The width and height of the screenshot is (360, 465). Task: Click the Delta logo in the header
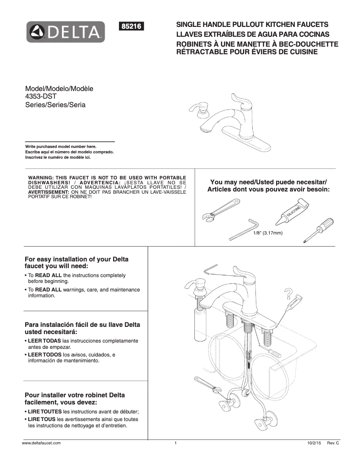pyautogui.click(x=66, y=32)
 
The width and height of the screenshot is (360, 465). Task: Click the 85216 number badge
pyautogui.click(x=132, y=26)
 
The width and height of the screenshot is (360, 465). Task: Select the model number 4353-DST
pyautogui.click(x=41, y=96)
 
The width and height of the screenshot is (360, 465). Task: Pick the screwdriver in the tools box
pyautogui.click(x=319, y=229)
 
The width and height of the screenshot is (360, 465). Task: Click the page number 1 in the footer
pyautogui.click(x=176, y=443)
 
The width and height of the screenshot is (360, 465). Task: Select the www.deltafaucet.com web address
pyautogui.click(x=41, y=443)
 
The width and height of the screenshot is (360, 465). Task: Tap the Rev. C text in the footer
pyautogui.click(x=333, y=443)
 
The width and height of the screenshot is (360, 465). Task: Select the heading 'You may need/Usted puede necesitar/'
pyautogui.click(x=268, y=182)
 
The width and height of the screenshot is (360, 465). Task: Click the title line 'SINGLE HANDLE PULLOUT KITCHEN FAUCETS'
pyautogui.click(x=252, y=25)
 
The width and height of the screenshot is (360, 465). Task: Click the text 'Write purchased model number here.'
pyautogui.click(x=61, y=147)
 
